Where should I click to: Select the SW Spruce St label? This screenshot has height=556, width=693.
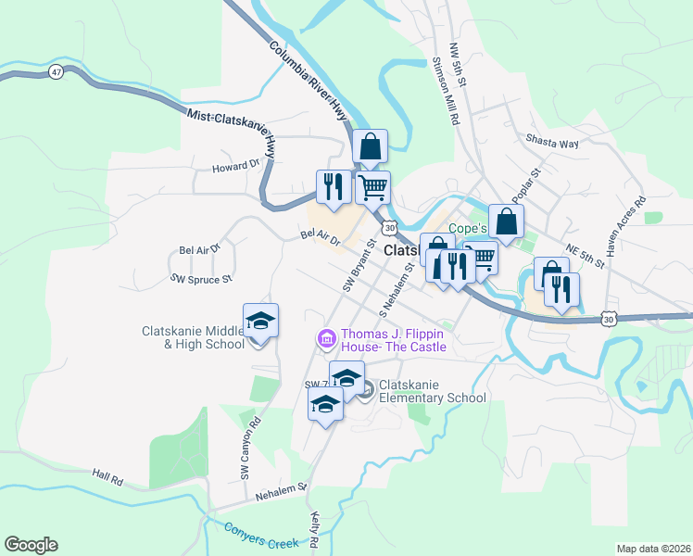pyautogui.click(x=201, y=278)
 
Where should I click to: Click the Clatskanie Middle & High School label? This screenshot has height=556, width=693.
pyautogui.click(x=194, y=337)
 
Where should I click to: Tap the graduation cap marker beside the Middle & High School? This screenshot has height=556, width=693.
pyautogui.click(x=261, y=322)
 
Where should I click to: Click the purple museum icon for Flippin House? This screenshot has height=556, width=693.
pyautogui.click(x=326, y=341)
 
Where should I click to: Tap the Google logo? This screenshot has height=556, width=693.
pyautogui.click(x=31, y=545)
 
